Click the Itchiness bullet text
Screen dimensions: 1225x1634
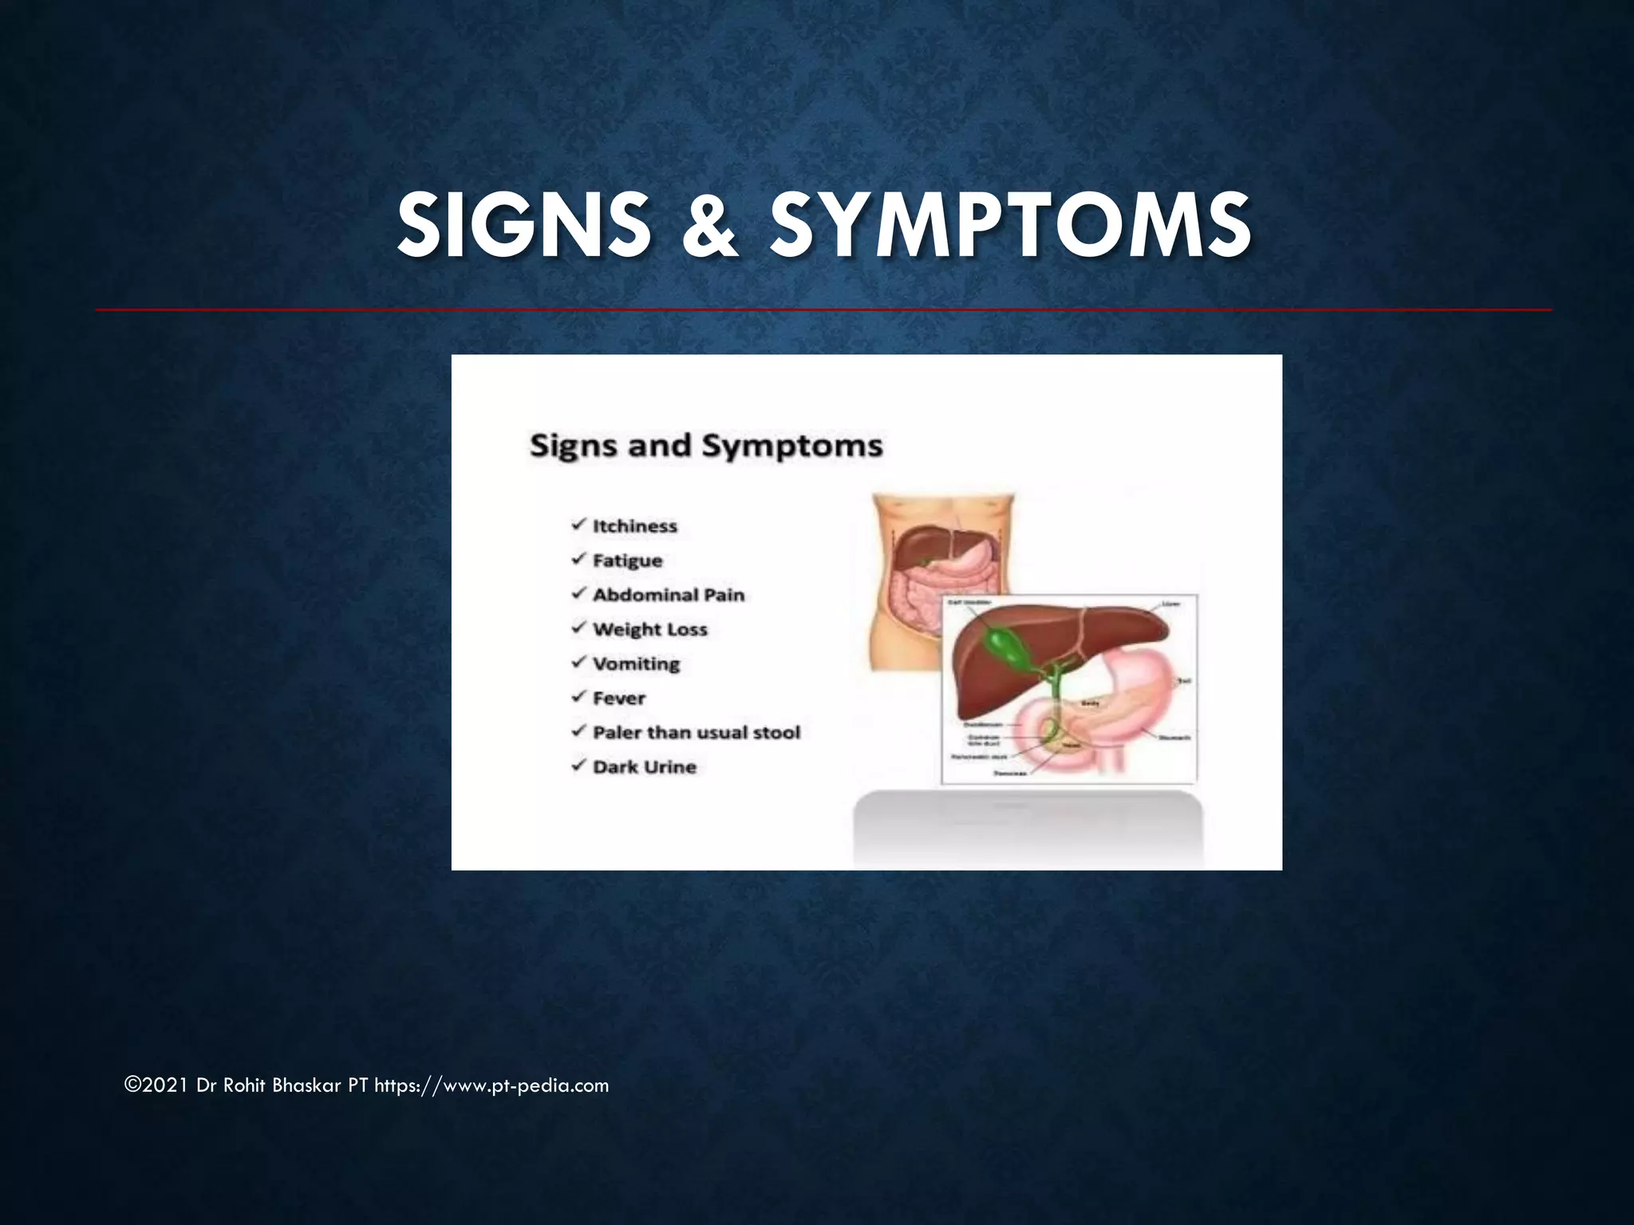coord(634,526)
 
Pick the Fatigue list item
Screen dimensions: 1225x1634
coord(627,561)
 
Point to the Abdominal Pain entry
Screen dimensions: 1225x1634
coord(669,595)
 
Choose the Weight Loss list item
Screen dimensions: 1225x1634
coord(650,629)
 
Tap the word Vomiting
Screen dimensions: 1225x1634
coord(636,664)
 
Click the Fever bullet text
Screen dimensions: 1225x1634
coord(619,699)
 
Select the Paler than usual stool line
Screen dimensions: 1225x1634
coord(697,733)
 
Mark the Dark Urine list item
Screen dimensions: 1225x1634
coord(645,767)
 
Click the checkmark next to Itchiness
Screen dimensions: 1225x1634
coord(579,525)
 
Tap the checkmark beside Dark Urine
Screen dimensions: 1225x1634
coord(579,766)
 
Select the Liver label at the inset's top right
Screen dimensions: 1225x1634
coord(1170,605)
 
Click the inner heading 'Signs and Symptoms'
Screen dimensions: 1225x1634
coord(706,445)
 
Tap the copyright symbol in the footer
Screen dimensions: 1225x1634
coord(132,1085)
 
